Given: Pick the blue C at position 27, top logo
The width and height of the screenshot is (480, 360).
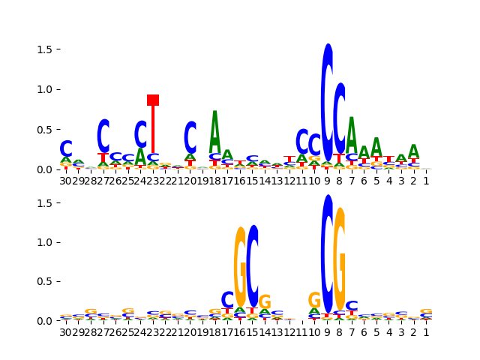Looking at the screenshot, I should [103, 136].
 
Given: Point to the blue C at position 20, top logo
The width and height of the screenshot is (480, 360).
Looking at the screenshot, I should [190, 137].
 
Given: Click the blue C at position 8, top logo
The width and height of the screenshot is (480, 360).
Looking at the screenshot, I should [340, 118].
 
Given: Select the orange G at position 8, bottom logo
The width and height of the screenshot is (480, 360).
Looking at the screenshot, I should [340, 259].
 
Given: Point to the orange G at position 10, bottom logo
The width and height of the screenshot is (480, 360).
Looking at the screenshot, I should [314, 300].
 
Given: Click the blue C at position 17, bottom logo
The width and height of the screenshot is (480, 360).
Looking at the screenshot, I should [228, 300].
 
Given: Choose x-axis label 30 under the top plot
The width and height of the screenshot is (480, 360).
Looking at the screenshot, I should [66, 181].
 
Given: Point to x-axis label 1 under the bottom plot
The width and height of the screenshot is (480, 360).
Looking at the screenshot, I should [426, 332].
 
